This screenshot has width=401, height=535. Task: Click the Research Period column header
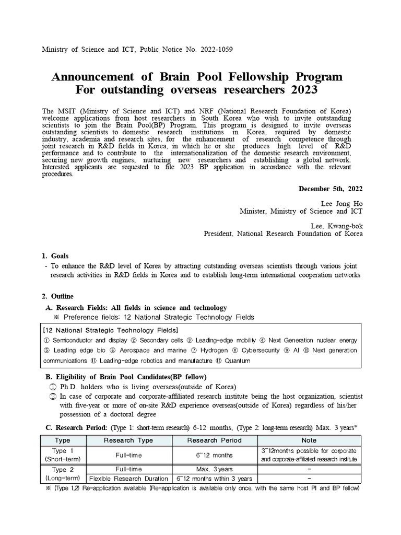214,440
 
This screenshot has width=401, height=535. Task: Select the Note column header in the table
309,440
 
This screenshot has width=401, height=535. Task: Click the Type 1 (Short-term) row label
63,455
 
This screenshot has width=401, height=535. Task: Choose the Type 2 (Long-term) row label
63,474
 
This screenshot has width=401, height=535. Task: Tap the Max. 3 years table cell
214,470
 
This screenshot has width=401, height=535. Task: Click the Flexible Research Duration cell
128,479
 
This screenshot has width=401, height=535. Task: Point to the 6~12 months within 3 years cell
214,479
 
